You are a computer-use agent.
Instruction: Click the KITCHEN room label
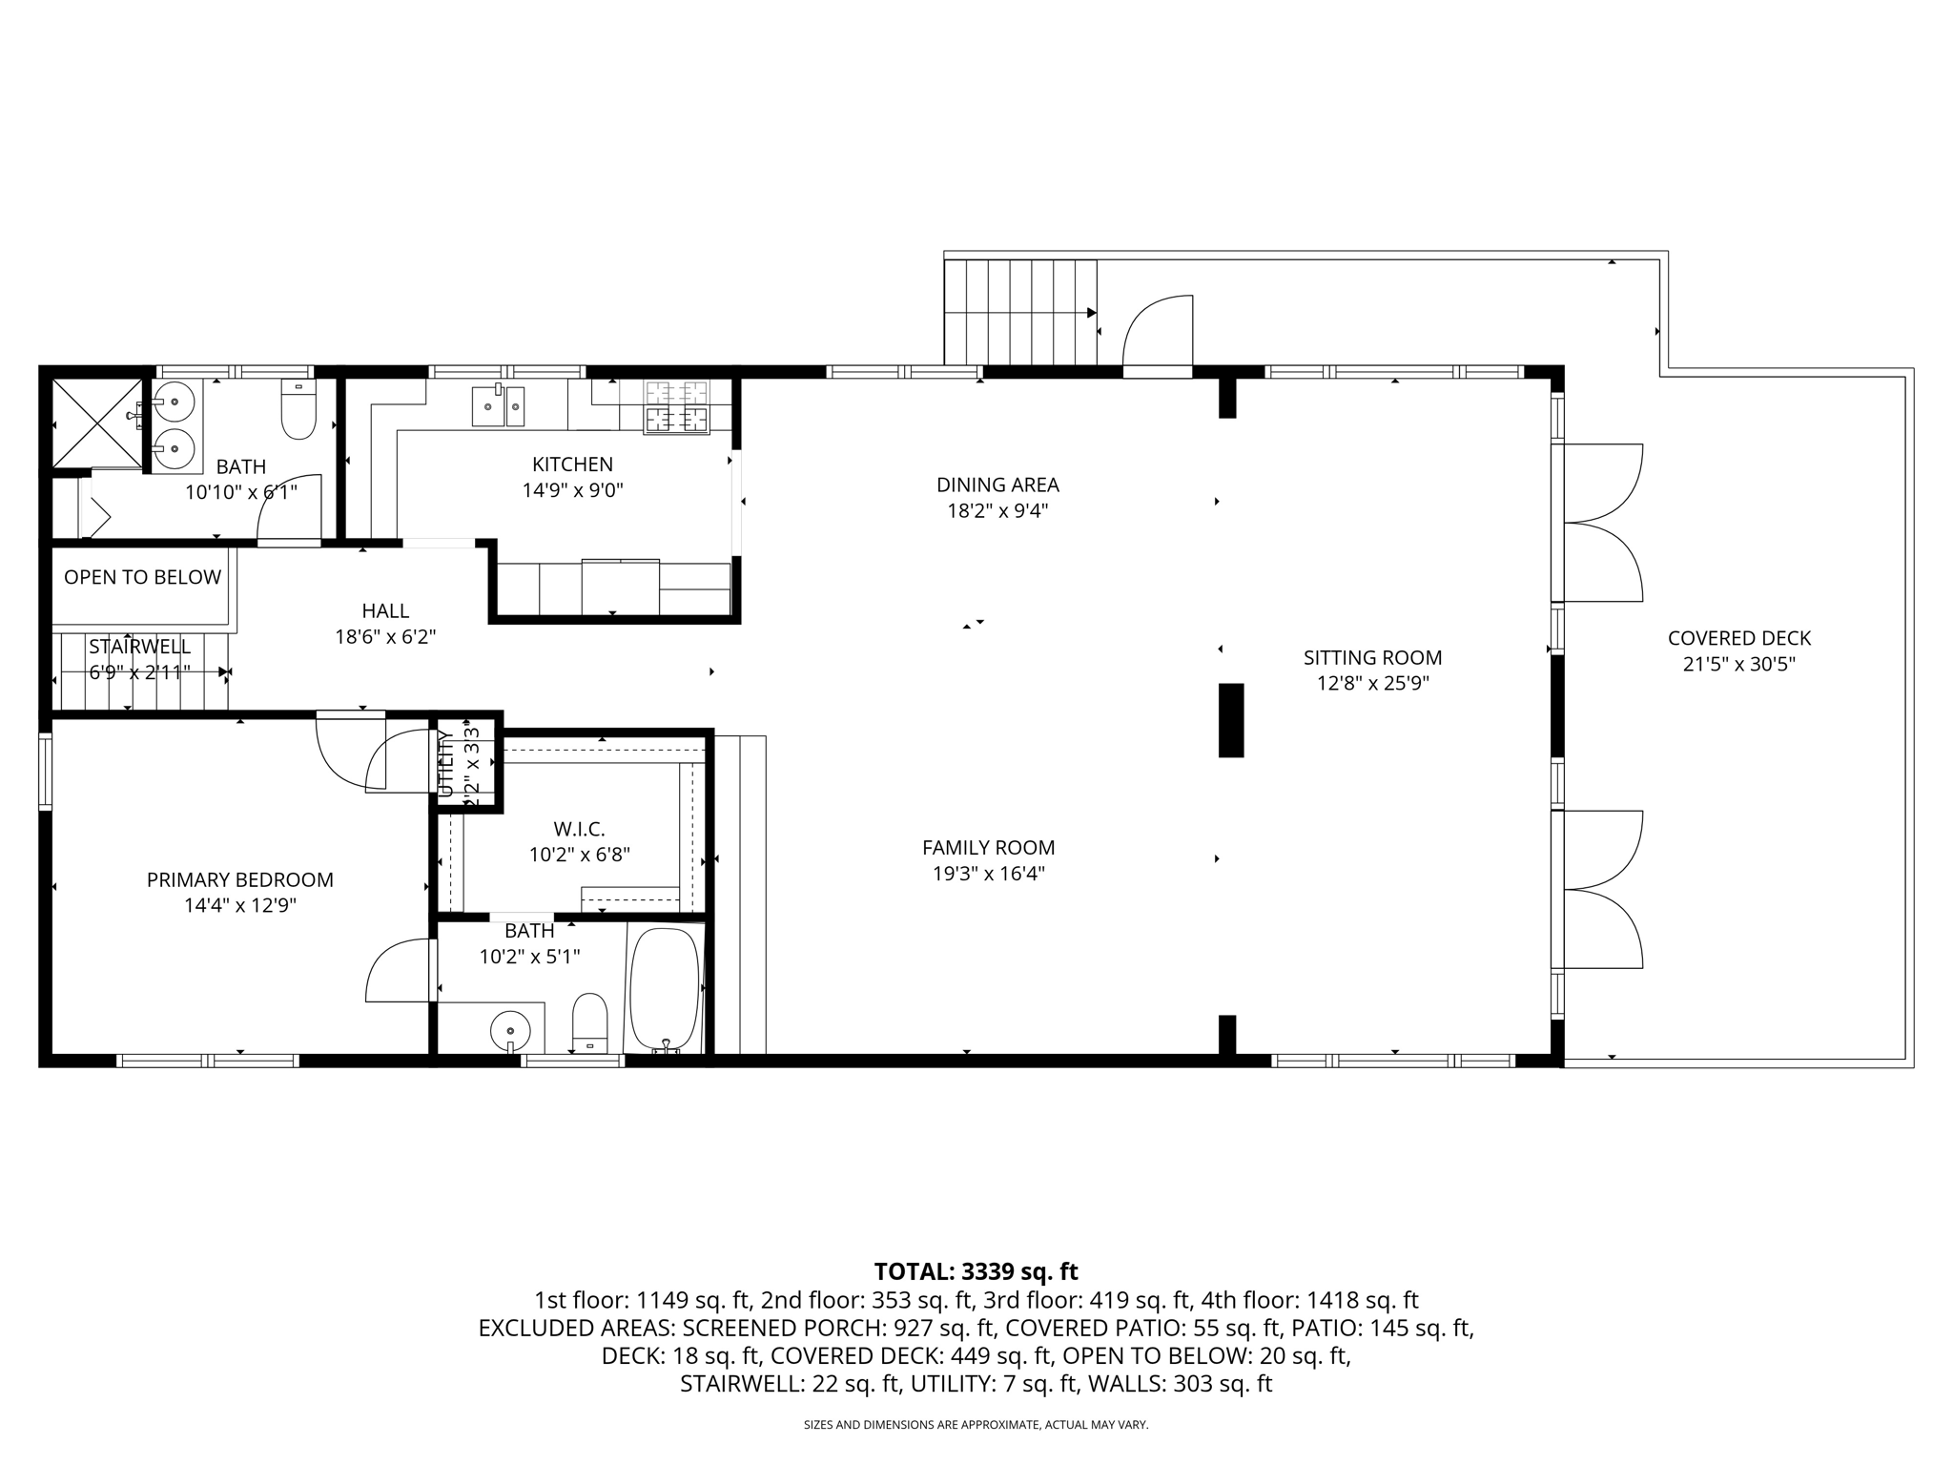572,464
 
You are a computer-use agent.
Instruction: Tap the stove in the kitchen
676,406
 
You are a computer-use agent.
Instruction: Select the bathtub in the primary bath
664,989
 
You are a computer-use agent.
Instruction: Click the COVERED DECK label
1738,639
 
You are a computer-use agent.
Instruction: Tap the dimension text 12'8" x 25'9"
1372,684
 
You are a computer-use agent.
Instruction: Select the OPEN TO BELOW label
142,577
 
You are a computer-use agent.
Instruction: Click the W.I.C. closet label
579,829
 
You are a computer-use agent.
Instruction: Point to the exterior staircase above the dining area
1018,312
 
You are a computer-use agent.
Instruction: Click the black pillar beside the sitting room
1231,720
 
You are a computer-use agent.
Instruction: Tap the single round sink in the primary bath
510,1030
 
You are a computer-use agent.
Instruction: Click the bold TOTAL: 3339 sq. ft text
976,1271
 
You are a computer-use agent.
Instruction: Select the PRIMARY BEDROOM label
239,880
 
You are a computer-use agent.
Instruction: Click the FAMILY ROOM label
988,848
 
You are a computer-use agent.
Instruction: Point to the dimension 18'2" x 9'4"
997,511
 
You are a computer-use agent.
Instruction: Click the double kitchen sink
499,406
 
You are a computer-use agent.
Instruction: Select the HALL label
385,611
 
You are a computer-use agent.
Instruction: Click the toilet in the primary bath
589,1021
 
